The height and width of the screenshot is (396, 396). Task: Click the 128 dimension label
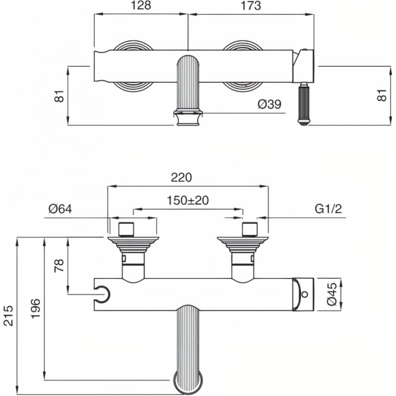[x=141, y=6]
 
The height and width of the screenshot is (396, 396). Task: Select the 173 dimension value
[x=250, y=6]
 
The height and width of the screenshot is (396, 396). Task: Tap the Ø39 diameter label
[x=270, y=104]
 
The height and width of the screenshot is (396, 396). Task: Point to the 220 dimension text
[x=181, y=177]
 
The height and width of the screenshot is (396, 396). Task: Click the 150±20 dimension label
[x=188, y=201]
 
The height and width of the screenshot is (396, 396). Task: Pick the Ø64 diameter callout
[x=60, y=209]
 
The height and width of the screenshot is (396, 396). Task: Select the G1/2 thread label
[x=328, y=209]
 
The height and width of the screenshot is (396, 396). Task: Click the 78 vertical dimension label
[x=60, y=265]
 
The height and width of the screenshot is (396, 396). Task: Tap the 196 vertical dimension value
[x=36, y=309]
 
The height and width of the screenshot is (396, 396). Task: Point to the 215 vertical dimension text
[x=8, y=315]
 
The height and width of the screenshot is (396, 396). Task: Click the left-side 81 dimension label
[x=60, y=96]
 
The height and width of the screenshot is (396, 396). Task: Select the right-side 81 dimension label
[x=382, y=95]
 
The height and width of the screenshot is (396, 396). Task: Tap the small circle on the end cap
[x=305, y=294]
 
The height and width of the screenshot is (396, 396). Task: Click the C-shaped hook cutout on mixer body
[x=102, y=295]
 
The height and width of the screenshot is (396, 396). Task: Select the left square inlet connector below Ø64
[x=126, y=229]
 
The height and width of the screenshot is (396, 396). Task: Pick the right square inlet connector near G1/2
[x=249, y=229]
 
